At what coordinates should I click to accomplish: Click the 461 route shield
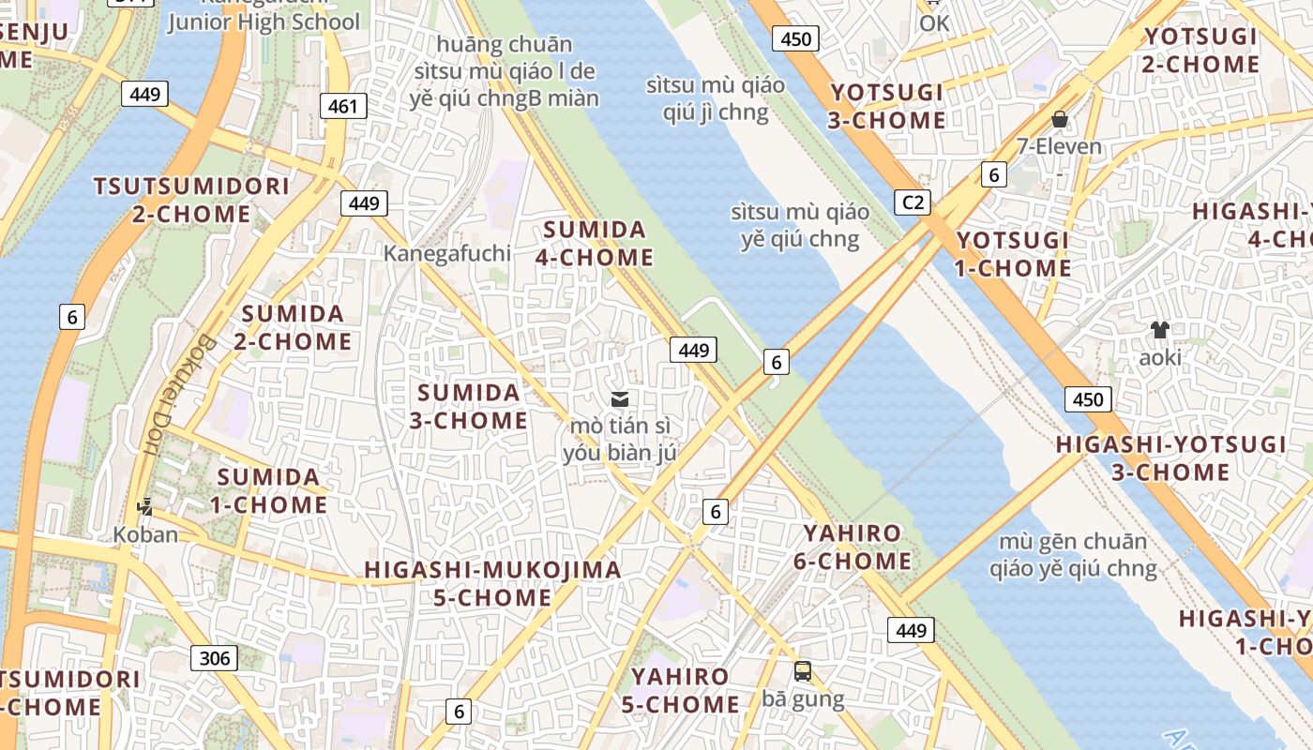[343, 106]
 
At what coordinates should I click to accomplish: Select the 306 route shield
[215, 658]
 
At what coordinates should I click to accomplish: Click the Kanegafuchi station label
[447, 253]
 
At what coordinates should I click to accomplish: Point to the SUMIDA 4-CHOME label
[595, 244]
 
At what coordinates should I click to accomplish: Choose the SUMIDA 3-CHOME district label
[469, 407]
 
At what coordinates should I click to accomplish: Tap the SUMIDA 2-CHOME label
[293, 327]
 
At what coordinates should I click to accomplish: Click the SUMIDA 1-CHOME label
[268, 491]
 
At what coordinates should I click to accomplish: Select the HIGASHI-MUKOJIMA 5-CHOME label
[492, 583]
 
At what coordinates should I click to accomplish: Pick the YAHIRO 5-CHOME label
[680, 690]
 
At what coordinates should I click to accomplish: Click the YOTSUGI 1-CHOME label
[1013, 254]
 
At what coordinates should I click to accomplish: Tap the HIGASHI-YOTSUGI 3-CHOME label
[1170, 457]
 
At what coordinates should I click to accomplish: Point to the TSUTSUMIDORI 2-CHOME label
[191, 200]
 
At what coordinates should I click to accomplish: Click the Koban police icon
[144, 507]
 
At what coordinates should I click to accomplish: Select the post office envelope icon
[619, 399]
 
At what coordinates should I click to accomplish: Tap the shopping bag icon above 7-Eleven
[1060, 119]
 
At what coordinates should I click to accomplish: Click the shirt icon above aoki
[1160, 329]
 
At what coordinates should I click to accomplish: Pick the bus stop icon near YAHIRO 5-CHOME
[803, 671]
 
